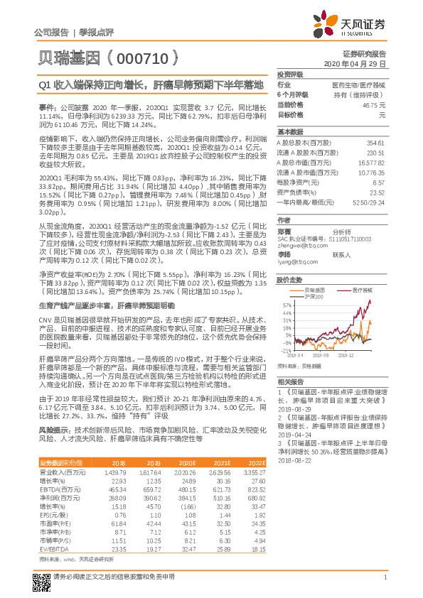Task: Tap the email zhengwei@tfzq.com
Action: [x=299, y=246]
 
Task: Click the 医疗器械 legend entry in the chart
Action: [x=364, y=290]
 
